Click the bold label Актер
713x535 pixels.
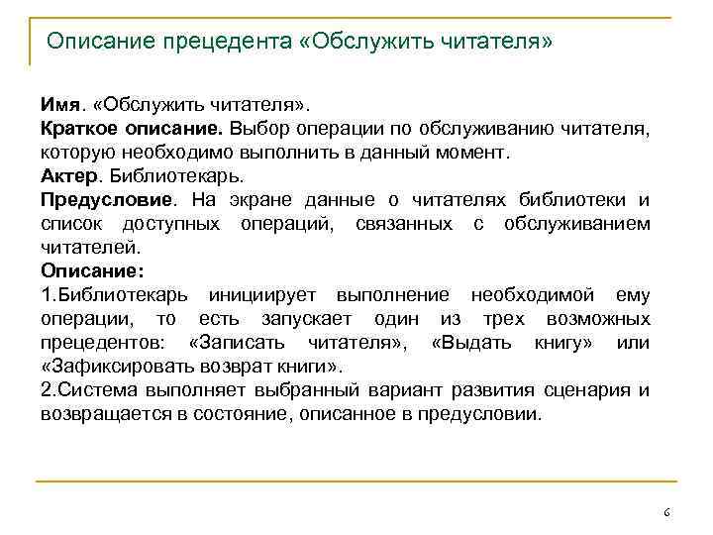[66, 176]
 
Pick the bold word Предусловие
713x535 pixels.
[95, 200]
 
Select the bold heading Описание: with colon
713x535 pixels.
[92, 270]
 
